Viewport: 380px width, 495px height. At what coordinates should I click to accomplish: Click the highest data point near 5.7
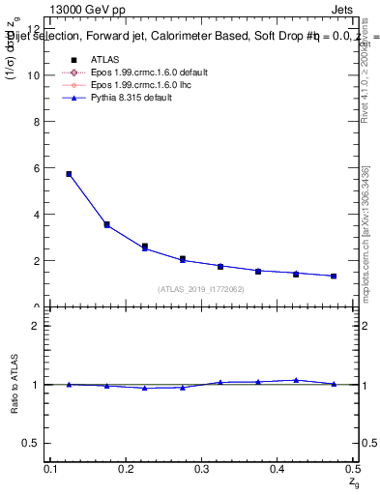pos(69,174)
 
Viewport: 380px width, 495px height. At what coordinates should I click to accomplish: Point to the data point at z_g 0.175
pos(106,224)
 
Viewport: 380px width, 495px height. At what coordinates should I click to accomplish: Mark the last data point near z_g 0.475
pos(334,277)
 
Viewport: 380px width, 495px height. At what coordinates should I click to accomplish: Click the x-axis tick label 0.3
pos(201,469)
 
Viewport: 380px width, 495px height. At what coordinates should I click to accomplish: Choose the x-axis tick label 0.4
pos(277,469)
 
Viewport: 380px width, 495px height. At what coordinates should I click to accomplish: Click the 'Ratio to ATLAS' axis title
pos(14,385)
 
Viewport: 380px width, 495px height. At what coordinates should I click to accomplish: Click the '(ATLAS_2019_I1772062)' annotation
pos(201,289)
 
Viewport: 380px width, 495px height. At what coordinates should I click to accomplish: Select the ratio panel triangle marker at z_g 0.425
pos(296,380)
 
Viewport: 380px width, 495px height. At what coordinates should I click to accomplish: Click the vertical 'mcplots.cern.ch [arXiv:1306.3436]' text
pos(365,231)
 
